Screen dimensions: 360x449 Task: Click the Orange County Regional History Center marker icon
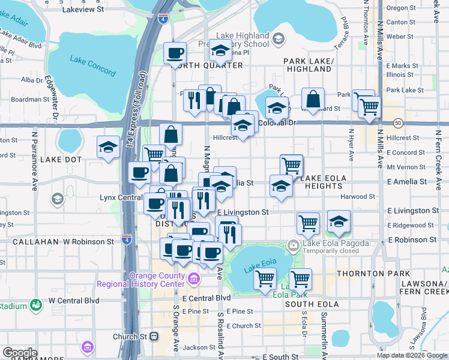pyautogui.click(x=194, y=279)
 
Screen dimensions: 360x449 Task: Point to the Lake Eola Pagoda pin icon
pyautogui.click(x=294, y=245)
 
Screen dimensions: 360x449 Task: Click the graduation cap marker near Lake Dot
pyautogui.click(x=108, y=147)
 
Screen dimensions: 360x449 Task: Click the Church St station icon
pyautogui.click(x=154, y=337)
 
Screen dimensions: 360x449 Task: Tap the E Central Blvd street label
pyautogui.click(x=206, y=298)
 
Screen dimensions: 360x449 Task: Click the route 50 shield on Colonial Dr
pyautogui.click(x=399, y=122)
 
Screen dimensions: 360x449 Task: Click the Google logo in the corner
pyautogui.click(x=19, y=353)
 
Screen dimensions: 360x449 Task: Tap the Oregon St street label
pyautogui.click(x=397, y=8)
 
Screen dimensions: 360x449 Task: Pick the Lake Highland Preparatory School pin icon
pyautogui.click(x=278, y=40)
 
